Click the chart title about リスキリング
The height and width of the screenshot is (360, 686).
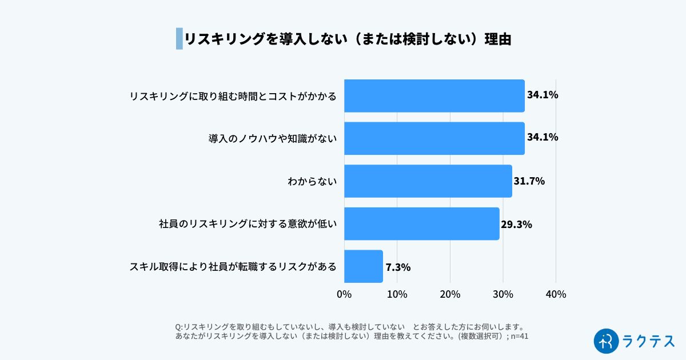click(347, 39)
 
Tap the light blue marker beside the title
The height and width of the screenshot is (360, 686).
click(179, 39)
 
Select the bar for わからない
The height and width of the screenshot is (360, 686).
click(428, 181)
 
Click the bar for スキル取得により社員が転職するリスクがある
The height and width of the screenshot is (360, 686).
click(364, 266)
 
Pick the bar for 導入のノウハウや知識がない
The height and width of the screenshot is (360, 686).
click(434, 138)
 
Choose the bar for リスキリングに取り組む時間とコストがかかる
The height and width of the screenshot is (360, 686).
click(434, 95)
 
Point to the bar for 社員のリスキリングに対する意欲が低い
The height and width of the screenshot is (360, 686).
click(421, 223)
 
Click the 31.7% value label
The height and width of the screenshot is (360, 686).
click(529, 181)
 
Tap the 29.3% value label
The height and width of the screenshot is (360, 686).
click(516, 224)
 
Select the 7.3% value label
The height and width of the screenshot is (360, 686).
click(398, 267)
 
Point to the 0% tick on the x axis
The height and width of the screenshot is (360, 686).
click(344, 294)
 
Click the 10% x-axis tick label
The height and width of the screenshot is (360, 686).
click(397, 294)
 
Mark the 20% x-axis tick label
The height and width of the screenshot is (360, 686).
click(450, 294)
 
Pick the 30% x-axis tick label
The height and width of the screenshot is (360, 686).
click(503, 294)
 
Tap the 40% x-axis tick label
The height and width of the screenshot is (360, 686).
click(556, 294)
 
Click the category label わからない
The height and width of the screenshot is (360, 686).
click(312, 181)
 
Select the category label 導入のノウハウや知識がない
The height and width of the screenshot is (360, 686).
click(273, 138)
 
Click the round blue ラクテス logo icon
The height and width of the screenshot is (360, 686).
click(607, 341)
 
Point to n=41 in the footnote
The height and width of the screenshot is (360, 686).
click(520, 337)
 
